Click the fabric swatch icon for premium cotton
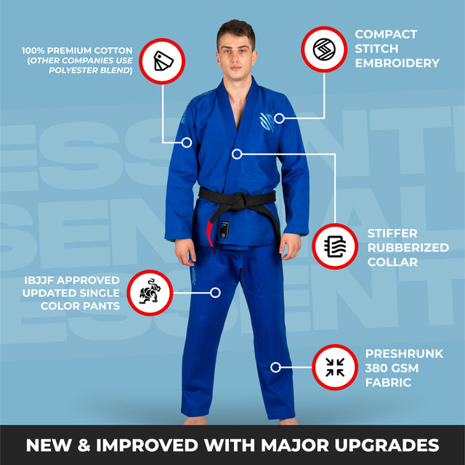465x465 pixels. [x=163, y=61]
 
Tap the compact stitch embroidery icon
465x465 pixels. [x=324, y=49]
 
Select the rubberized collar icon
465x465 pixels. [x=335, y=246]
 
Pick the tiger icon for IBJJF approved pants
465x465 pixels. [x=150, y=292]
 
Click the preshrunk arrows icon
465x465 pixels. [x=335, y=367]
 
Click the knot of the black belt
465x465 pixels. [x=240, y=201]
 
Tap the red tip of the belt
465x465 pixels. [x=210, y=234]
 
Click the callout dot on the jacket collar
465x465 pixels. [x=237, y=154]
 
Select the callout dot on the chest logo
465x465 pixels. [x=279, y=118]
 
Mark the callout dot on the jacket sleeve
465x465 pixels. [x=187, y=142]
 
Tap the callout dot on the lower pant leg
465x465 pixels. [x=275, y=367]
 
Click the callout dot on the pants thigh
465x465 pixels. [x=215, y=293]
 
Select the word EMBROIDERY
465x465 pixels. [x=397, y=63]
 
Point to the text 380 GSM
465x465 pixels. [x=392, y=368]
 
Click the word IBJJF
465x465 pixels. [x=39, y=280]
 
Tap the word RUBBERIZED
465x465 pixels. [x=408, y=248]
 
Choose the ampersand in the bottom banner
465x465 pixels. [x=84, y=445]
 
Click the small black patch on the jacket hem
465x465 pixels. [x=225, y=230]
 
